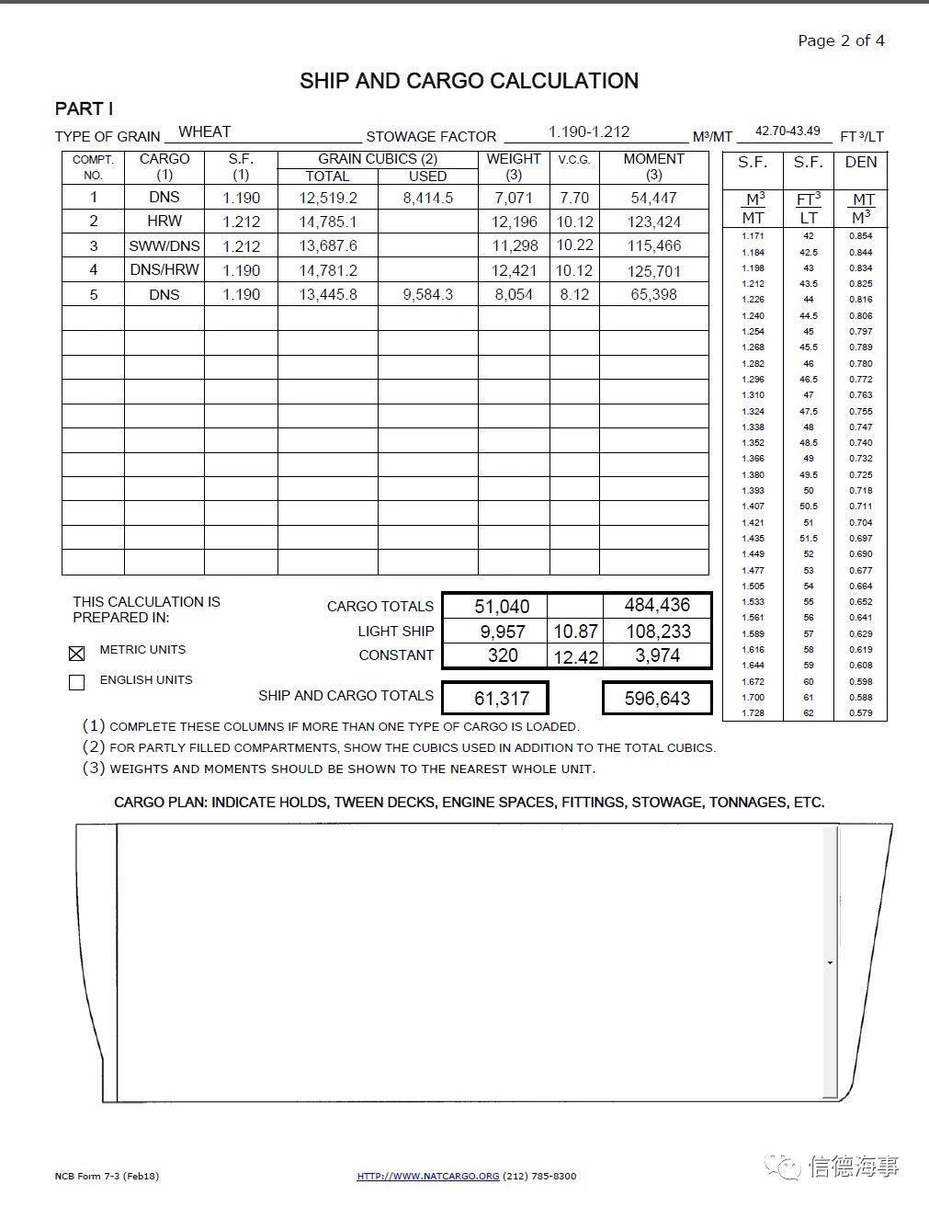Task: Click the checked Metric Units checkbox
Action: (x=77, y=653)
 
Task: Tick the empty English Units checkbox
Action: (x=77, y=682)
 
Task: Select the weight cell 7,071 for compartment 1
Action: (x=513, y=198)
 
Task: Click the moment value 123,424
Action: (x=654, y=222)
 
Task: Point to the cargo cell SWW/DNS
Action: (x=164, y=245)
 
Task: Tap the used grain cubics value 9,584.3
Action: (x=427, y=294)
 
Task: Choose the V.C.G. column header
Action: (x=574, y=160)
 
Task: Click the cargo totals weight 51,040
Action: (x=502, y=606)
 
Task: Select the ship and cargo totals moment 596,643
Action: (x=657, y=699)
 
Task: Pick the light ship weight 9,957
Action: (x=503, y=632)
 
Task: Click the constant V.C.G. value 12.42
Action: (x=575, y=657)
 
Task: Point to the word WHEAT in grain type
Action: (x=204, y=131)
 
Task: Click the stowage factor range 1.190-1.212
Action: (x=589, y=131)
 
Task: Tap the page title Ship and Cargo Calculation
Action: (x=469, y=81)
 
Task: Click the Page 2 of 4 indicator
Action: (x=841, y=40)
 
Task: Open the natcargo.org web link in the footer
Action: (x=428, y=1176)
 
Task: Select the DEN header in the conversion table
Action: (x=861, y=162)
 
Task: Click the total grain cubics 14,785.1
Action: (x=328, y=222)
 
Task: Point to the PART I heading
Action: (x=85, y=108)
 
